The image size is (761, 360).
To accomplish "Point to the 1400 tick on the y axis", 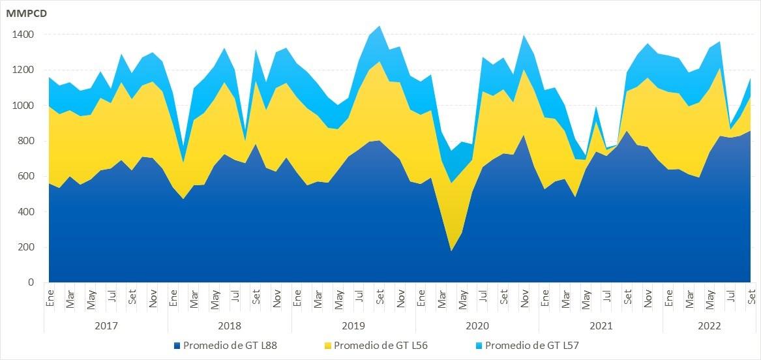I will click(23, 35).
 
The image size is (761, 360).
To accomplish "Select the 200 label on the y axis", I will click(26, 248).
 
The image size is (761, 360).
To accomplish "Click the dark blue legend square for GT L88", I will click(177, 346).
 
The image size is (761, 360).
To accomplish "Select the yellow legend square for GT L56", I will click(328, 346).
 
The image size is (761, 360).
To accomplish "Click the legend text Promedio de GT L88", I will click(230, 346).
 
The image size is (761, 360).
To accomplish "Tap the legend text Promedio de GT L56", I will click(381, 346).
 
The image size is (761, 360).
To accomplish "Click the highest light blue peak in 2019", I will click(380, 27).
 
